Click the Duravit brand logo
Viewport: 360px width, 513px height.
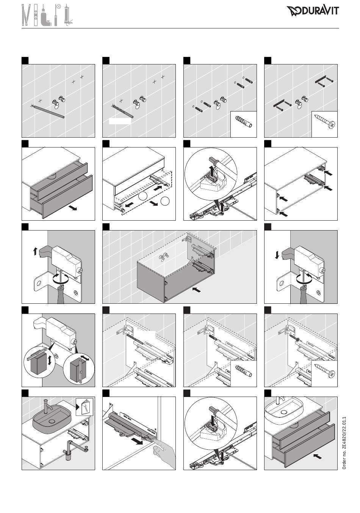pos(312,11)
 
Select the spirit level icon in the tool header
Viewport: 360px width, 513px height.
pos(36,15)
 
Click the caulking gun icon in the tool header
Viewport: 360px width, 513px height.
pos(67,15)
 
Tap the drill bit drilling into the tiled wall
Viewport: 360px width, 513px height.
pos(122,111)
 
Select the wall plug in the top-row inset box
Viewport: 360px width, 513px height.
pos(244,122)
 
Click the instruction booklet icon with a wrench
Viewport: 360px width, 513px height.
pos(85,407)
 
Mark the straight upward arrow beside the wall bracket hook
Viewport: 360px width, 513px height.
pos(35,252)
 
